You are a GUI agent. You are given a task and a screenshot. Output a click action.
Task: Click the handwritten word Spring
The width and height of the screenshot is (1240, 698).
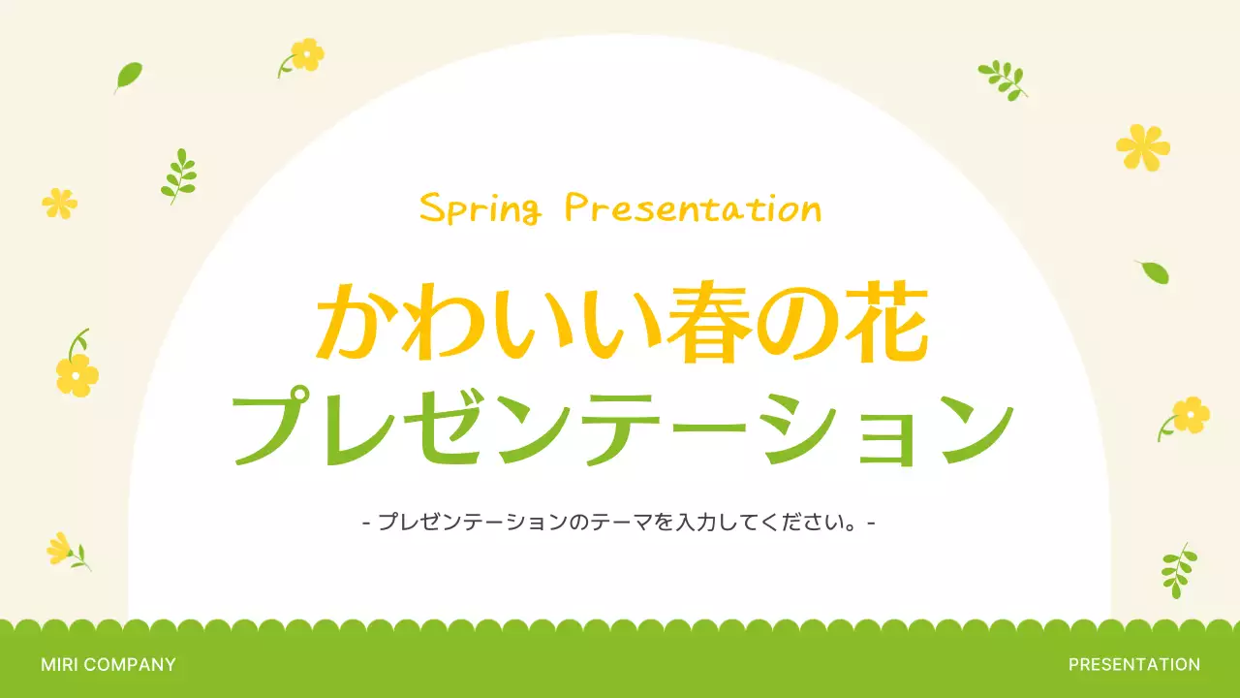click(480, 208)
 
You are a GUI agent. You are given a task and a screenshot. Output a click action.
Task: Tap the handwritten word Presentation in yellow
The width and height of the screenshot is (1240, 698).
click(693, 207)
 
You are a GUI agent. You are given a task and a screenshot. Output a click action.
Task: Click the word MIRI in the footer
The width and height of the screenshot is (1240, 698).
click(60, 665)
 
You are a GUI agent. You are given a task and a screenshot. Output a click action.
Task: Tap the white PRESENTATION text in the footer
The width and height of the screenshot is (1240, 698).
click(1133, 665)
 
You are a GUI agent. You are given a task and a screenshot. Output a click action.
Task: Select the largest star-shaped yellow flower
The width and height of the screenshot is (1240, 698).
click(1143, 146)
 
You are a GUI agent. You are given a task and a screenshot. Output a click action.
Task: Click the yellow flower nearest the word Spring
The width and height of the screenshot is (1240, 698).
click(306, 54)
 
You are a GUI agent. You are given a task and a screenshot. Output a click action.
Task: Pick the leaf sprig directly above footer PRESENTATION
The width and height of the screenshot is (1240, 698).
click(1177, 569)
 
